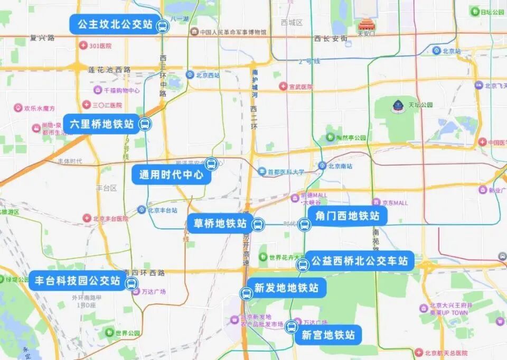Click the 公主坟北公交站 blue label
click(x=115, y=24)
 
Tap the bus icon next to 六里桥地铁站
click(x=145, y=125)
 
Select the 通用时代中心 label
click(x=171, y=175)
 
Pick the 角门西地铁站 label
click(x=347, y=216)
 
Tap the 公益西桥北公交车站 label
click(x=359, y=261)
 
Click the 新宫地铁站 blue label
click(x=328, y=335)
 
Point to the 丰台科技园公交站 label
click(x=78, y=281)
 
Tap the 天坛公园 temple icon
click(x=398, y=106)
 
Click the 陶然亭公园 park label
click(x=351, y=138)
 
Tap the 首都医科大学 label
click(x=285, y=172)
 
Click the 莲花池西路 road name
click(x=109, y=69)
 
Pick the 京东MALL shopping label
click(x=394, y=202)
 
